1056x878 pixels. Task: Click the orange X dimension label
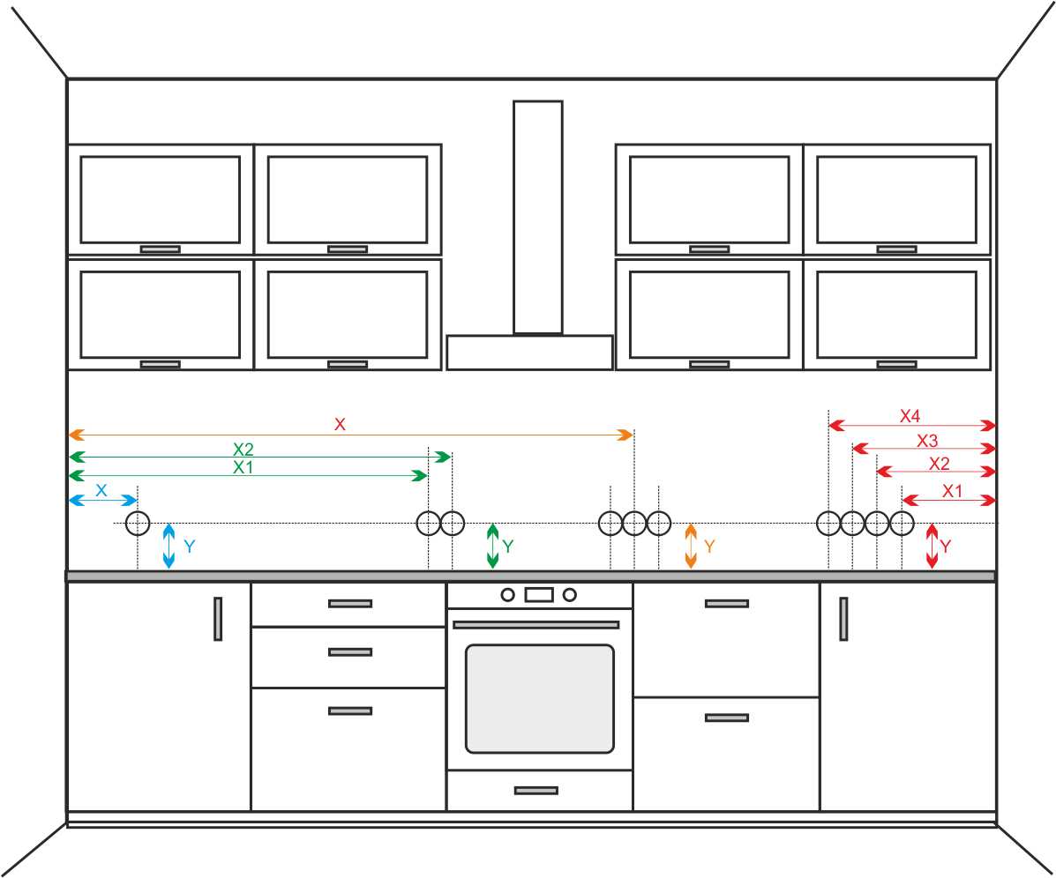(x=340, y=425)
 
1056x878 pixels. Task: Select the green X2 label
(x=243, y=450)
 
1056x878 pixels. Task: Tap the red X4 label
(x=910, y=415)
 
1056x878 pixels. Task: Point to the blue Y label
(x=189, y=547)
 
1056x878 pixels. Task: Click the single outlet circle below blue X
(x=138, y=524)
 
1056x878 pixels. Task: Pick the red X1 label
(x=952, y=492)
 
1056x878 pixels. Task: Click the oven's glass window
(x=539, y=698)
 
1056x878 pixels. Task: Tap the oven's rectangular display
(x=538, y=595)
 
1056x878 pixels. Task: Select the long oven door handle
(x=535, y=624)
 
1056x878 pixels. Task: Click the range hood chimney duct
(x=537, y=217)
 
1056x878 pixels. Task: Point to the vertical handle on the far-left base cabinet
(x=218, y=618)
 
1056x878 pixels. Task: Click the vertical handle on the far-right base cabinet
(x=843, y=618)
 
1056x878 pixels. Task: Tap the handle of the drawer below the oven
(x=535, y=790)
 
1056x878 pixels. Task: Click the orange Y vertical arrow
(x=691, y=546)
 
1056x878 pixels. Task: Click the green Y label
(x=507, y=547)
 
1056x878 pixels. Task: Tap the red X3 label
(x=927, y=441)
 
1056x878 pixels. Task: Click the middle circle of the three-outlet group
(x=634, y=524)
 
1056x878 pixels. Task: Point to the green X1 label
(x=243, y=468)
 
